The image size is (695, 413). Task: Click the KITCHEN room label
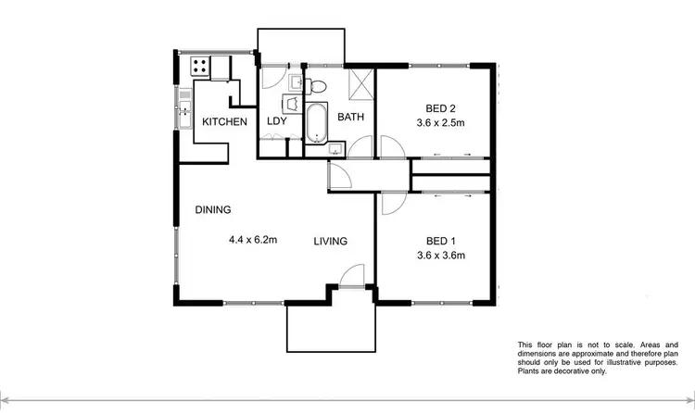point(225,122)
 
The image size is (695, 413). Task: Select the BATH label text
point(350,118)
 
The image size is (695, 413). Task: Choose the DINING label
point(212,209)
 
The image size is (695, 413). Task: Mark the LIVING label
point(330,242)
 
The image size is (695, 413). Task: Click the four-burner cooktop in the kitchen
point(198,66)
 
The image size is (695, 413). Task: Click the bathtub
point(316,122)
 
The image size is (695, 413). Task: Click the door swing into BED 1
point(389,205)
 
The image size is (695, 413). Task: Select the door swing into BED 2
point(388,147)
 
